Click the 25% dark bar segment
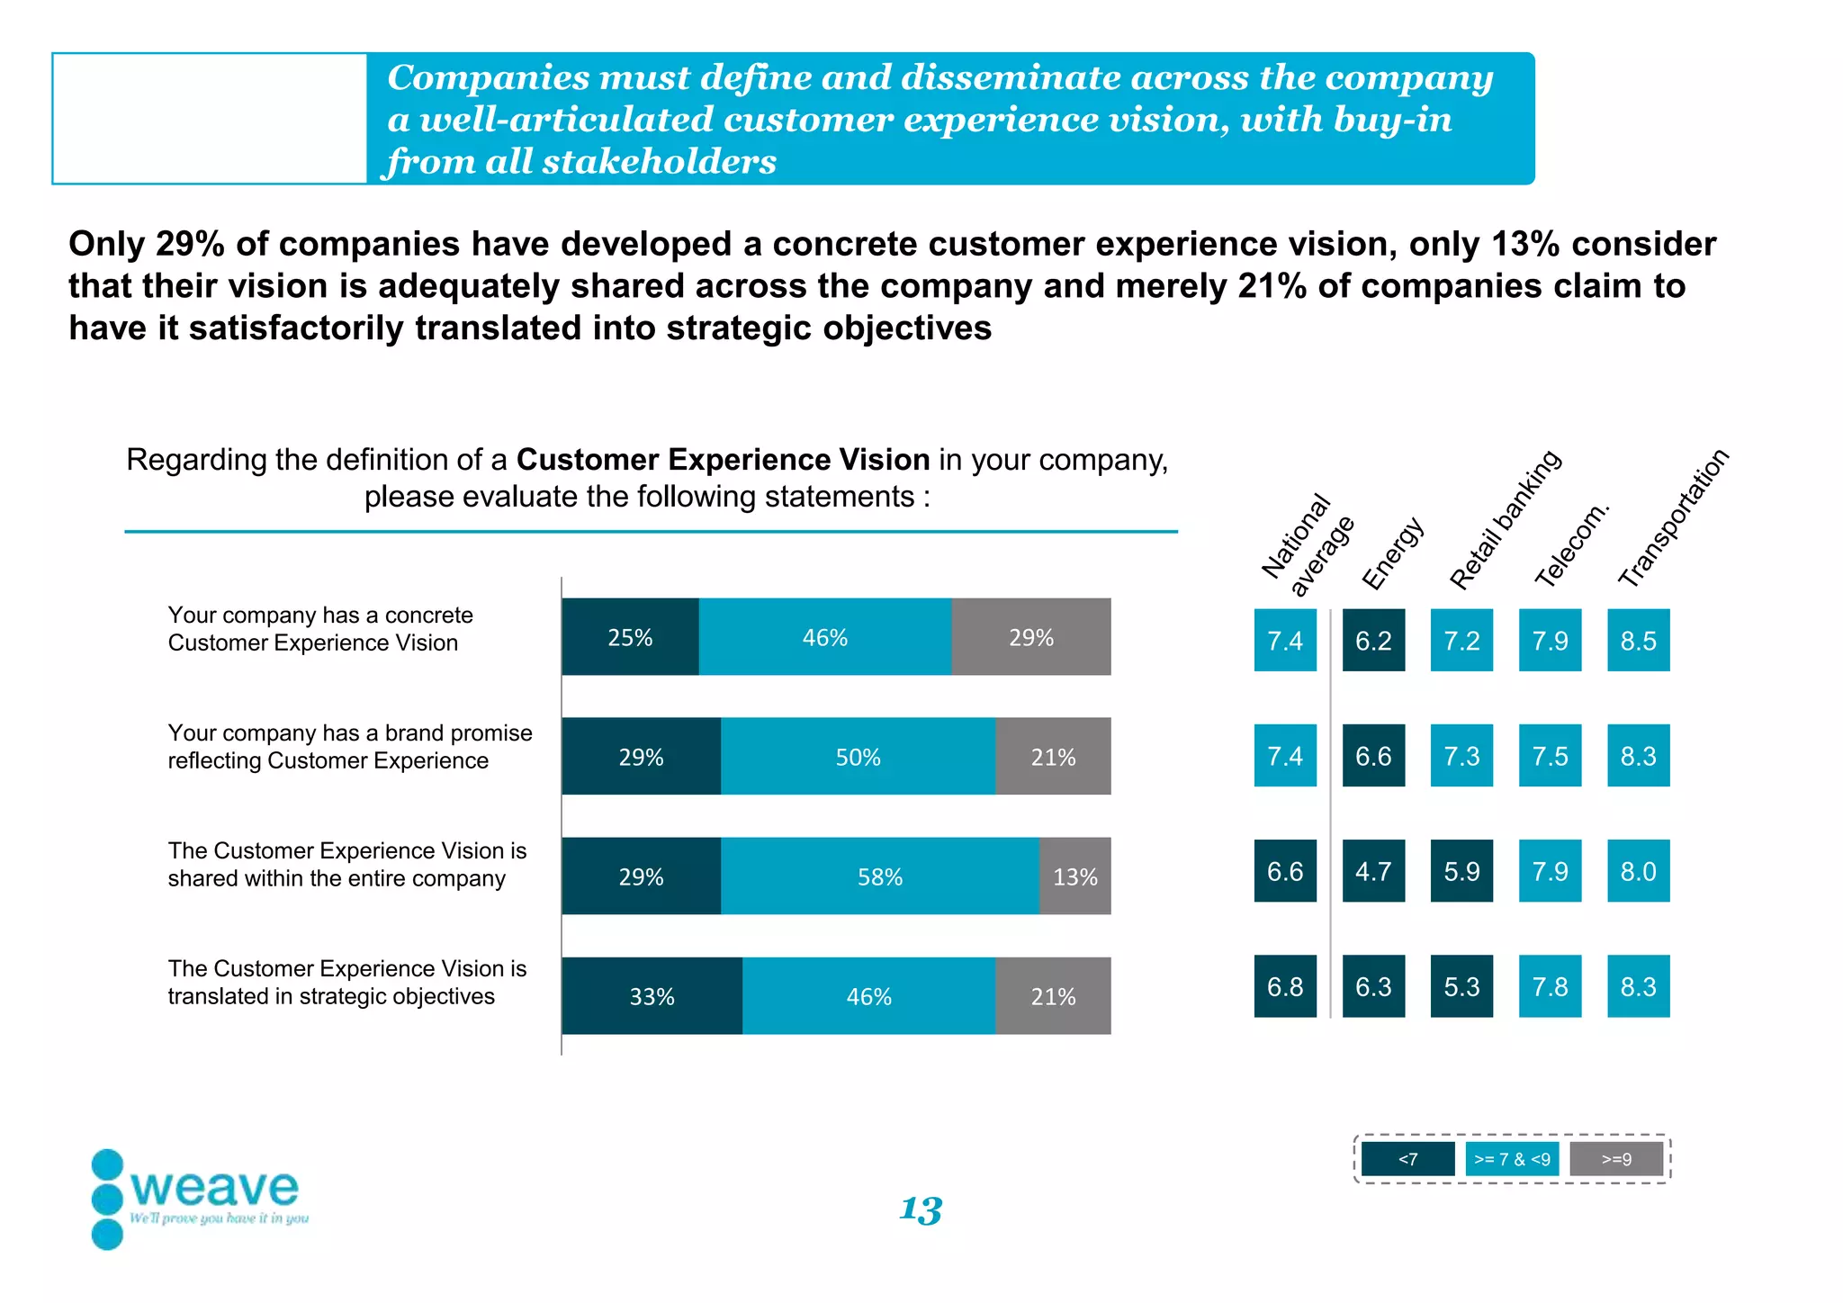point(630,637)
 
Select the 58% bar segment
point(879,876)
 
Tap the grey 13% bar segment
point(1074,876)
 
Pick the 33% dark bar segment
point(652,996)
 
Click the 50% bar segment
point(858,757)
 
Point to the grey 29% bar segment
point(1030,637)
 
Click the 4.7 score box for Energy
point(1373,871)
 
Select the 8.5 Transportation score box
point(1638,641)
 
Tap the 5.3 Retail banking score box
point(1461,986)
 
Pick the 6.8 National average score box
point(1285,986)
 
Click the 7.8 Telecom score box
point(1550,986)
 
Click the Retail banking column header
point(1505,520)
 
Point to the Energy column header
point(1392,553)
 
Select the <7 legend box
point(1407,1159)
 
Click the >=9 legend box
point(1616,1159)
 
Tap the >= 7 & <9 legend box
point(1512,1159)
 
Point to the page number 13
point(921,1209)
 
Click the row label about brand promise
point(349,747)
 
